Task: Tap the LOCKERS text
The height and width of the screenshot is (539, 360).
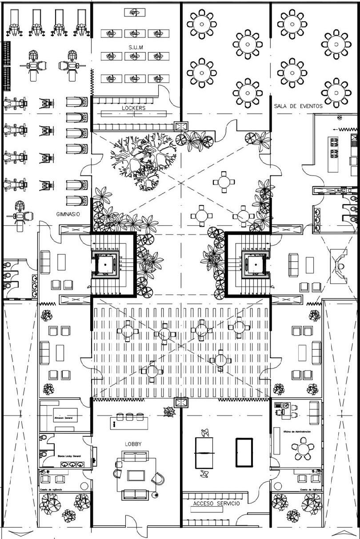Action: (x=133, y=108)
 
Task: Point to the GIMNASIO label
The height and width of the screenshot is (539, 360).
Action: (x=68, y=214)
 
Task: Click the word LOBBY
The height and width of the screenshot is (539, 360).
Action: (x=133, y=444)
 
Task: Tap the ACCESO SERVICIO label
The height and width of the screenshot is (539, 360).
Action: (x=216, y=503)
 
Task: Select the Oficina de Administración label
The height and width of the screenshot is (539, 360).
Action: (x=297, y=431)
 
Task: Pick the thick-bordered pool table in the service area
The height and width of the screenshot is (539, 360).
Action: (x=244, y=452)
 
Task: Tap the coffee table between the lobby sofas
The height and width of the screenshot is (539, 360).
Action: (x=136, y=475)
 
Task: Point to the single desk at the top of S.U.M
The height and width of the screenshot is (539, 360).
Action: (x=135, y=13)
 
